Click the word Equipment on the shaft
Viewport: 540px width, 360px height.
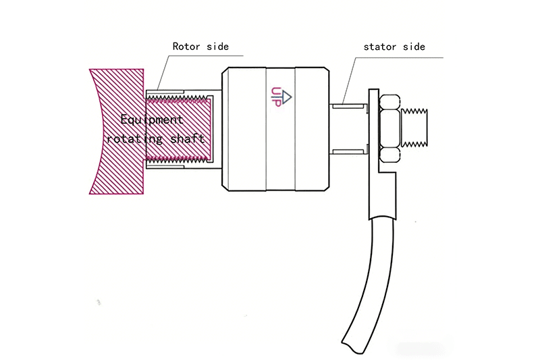151,120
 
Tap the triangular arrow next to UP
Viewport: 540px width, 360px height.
286,97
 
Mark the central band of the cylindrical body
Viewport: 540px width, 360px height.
280,128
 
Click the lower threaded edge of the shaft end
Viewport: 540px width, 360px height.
179,160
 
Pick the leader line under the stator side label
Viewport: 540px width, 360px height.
398,57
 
